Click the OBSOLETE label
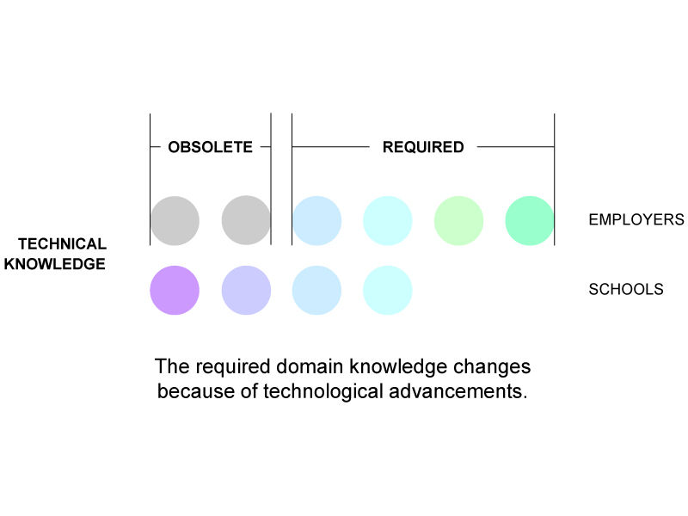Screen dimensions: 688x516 point(210,147)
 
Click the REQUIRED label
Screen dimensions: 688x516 point(423,147)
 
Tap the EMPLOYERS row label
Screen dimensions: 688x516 point(636,219)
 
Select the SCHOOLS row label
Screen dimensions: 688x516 point(626,289)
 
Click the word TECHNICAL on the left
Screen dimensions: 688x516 point(62,243)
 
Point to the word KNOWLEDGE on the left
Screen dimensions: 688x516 point(55,264)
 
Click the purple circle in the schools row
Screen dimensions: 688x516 point(175,290)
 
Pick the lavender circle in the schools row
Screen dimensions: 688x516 point(246,290)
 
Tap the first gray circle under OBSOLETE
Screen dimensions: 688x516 point(175,220)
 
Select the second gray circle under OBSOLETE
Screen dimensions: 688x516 point(246,220)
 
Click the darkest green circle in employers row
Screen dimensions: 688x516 point(530,220)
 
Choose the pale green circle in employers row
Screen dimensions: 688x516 point(459,220)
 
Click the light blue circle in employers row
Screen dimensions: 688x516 point(316,220)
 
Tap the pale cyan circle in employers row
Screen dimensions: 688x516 point(388,220)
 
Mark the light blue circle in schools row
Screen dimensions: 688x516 point(316,290)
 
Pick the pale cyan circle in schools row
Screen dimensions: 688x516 point(388,290)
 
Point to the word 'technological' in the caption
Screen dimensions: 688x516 point(323,391)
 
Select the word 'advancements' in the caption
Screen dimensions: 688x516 point(458,391)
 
